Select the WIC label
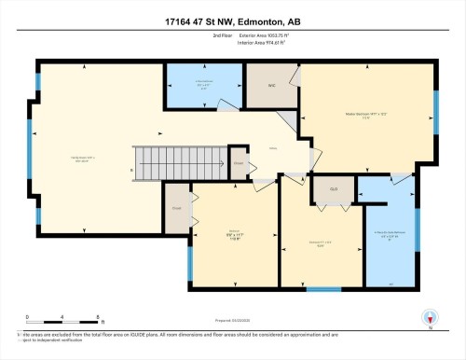[x=272, y=85]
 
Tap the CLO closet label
[x=331, y=188]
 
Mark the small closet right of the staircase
[x=239, y=161]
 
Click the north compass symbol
[x=429, y=318]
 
